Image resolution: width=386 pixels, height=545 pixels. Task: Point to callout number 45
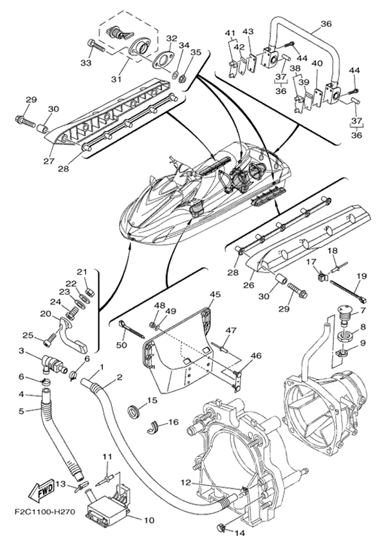[215, 294]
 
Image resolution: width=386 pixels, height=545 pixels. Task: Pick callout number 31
[116, 79]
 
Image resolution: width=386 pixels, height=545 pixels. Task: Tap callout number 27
[48, 161]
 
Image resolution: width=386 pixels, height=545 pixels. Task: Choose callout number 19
[361, 277]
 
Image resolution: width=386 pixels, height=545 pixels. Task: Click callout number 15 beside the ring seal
[152, 400]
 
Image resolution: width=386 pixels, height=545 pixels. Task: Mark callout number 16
[173, 423]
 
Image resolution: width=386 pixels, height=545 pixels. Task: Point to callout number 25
[28, 335]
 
